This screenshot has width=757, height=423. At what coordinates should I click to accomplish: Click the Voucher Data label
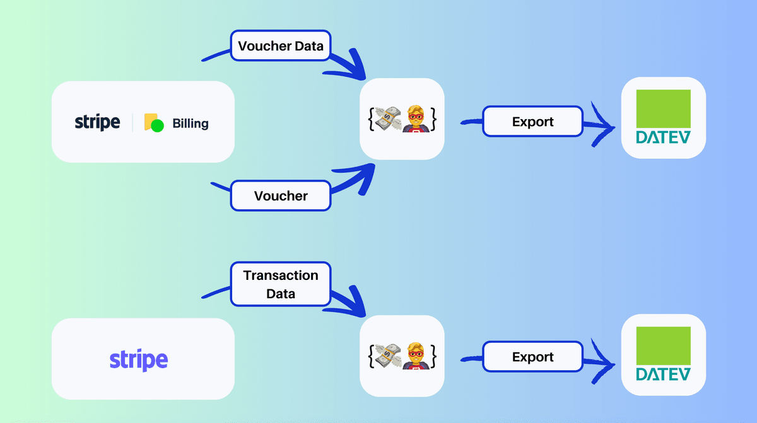pos(280,46)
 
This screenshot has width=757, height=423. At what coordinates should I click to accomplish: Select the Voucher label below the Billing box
pos(281,195)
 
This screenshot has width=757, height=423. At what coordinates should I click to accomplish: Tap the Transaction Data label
pos(281,284)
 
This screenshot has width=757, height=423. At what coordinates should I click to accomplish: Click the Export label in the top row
pos(532,122)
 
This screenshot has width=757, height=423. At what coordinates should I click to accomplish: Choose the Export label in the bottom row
pos(532,357)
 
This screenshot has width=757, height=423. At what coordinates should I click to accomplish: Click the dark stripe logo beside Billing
pos(97,122)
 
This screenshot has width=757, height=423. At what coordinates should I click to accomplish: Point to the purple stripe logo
pos(139,360)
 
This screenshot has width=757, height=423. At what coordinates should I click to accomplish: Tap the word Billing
pos(190,123)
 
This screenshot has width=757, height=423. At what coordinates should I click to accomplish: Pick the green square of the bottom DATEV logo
pos(663,346)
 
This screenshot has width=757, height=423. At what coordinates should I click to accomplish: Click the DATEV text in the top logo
pos(663,137)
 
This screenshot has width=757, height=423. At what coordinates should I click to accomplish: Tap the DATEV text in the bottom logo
pos(663,374)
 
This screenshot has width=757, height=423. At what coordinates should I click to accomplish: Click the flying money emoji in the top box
pos(388,119)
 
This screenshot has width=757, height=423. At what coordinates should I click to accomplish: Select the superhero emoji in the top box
pos(415,119)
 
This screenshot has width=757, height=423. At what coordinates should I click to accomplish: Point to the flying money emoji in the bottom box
pos(388,356)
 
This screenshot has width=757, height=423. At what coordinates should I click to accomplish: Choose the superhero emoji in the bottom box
pos(415,356)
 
